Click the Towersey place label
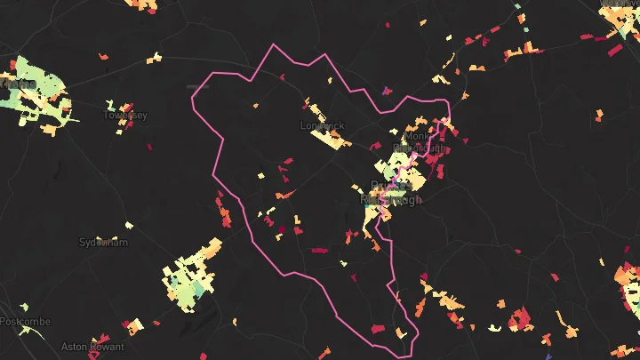click(125, 115)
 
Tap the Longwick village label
click(322, 126)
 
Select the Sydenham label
click(104, 242)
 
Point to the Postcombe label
click(24, 321)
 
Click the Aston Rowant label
click(92, 346)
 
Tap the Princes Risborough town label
click(391, 193)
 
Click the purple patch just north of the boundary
click(386, 90)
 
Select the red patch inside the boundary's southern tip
click(378, 330)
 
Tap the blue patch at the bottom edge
click(548, 356)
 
